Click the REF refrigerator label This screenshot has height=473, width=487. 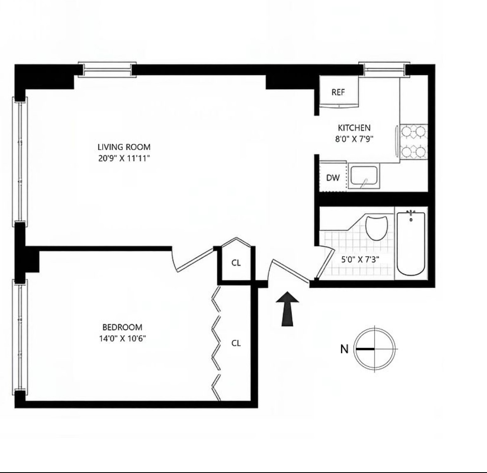[338, 92]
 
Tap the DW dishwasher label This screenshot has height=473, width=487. [333, 178]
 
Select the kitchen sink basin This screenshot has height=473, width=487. [363, 177]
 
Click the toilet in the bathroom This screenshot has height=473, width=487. [378, 228]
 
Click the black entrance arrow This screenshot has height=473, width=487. [290, 309]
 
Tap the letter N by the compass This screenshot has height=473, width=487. [344, 349]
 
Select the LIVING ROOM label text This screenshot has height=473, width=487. [124, 147]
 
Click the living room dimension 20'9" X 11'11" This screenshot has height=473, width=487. [124, 158]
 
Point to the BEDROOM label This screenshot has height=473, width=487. [122, 327]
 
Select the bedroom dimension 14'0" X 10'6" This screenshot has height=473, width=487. [122, 339]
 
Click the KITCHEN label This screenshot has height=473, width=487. [354, 128]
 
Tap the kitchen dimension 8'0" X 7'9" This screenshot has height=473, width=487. [354, 139]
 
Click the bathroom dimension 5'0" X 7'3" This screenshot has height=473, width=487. [360, 260]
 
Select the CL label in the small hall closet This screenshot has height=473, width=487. [236, 263]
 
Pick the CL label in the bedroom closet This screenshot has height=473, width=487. [236, 343]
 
